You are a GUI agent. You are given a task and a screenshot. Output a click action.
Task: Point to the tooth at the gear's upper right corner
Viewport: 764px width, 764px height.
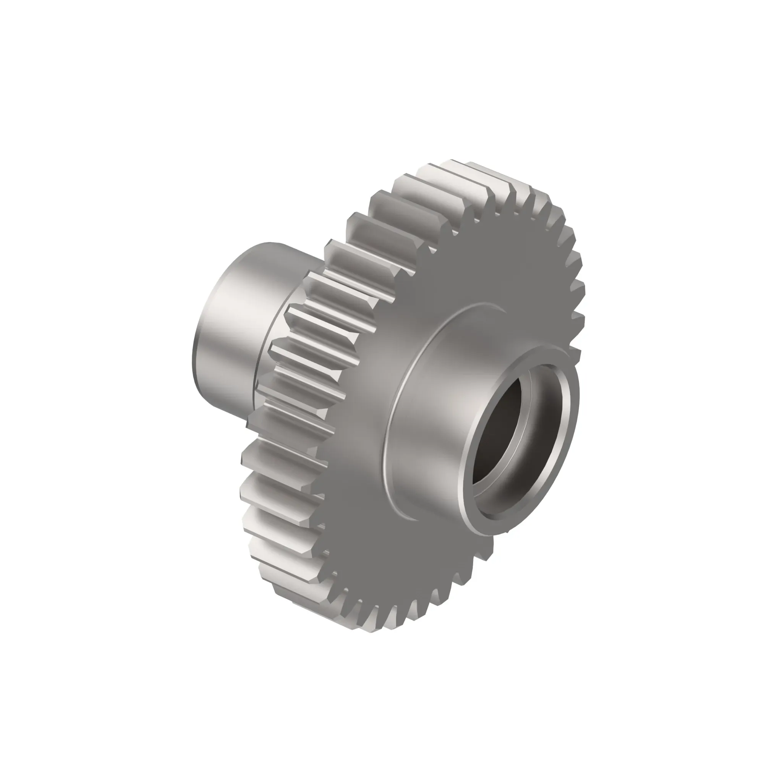[554, 210]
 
